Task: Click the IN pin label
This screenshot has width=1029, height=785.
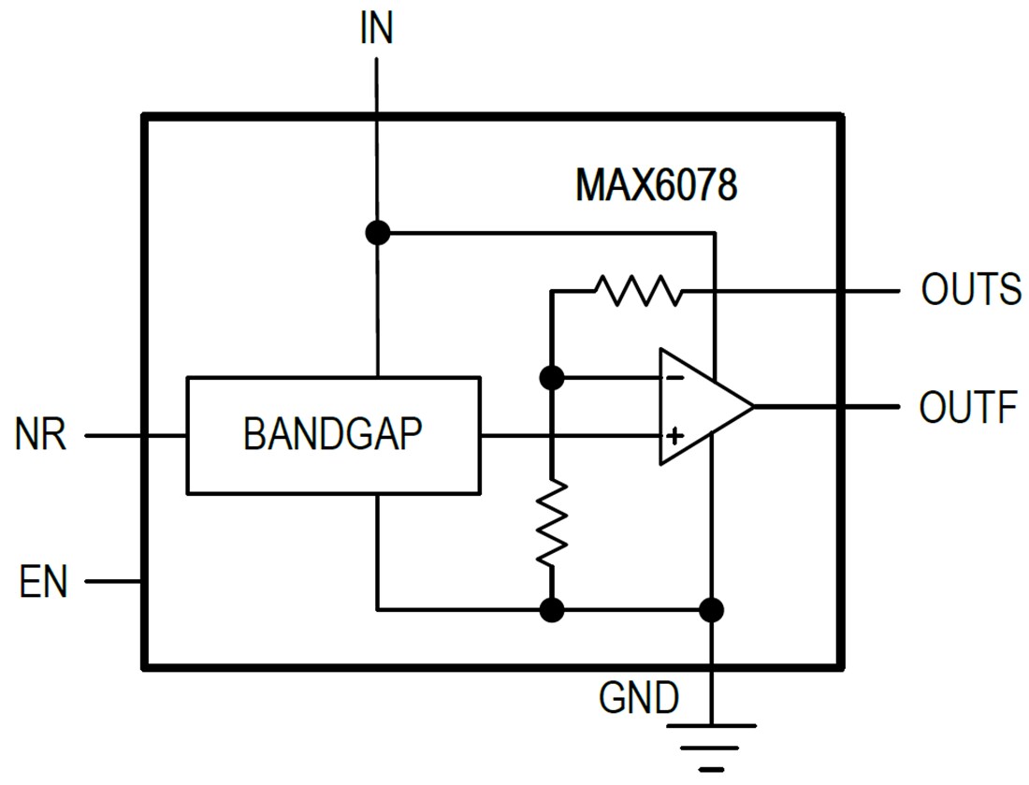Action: [376, 29]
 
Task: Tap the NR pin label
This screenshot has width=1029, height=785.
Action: [41, 436]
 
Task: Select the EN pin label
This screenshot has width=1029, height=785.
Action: [43, 582]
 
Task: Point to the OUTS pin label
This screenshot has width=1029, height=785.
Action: [970, 290]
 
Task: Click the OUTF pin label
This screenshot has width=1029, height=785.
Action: [967, 408]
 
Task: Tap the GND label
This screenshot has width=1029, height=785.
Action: [640, 697]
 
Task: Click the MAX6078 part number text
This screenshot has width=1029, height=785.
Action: [656, 184]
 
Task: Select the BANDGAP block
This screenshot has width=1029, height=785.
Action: [333, 435]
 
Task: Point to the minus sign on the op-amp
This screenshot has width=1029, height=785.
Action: [673, 379]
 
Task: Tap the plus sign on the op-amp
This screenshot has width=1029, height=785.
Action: [674, 436]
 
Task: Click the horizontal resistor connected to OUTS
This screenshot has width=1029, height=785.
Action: [639, 291]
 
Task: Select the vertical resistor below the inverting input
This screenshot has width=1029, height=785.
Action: [552, 522]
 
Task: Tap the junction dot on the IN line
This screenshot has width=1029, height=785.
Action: [377, 232]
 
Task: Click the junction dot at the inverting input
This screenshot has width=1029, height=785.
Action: [552, 378]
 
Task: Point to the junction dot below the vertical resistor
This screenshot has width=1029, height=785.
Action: [552, 610]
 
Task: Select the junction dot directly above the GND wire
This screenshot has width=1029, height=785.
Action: [712, 610]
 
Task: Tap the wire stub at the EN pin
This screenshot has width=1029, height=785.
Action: [113, 582]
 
